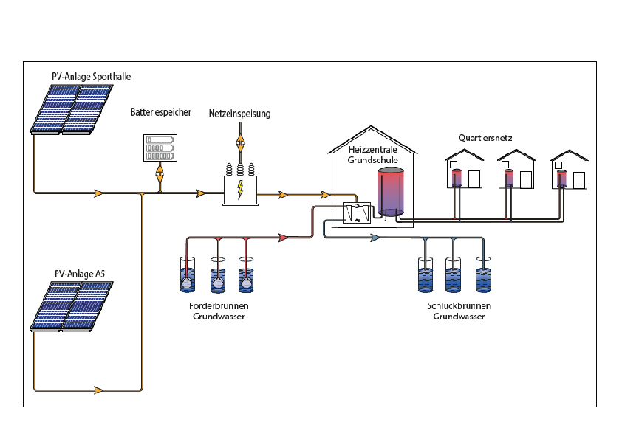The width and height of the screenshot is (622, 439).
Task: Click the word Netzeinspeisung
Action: tap(239, 114)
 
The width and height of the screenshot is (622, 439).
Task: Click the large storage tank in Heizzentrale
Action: tap(390, 192)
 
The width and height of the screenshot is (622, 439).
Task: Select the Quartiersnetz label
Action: tap(485, 138)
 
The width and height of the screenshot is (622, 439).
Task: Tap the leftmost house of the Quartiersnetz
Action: tap(463, 170)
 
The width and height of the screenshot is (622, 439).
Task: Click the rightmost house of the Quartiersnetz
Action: tap(568, 170)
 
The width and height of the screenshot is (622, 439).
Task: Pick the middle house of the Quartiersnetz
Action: tap(516, 170)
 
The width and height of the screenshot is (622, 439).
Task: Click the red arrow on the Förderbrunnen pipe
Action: tap(282, 238)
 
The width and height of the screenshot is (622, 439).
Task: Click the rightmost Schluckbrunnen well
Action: tap(483, 274)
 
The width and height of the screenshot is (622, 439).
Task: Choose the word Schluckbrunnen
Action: tap(458, 306)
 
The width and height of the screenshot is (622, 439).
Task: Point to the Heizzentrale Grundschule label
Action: tap(373, 153)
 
